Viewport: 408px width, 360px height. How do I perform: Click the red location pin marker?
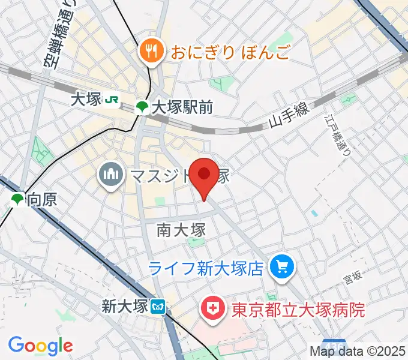coord(206,175)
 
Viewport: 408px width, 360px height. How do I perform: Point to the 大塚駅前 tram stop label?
coord(182,107)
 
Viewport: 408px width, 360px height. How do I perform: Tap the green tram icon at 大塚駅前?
coord(142,107)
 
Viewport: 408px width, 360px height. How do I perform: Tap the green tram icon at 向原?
coord(17,199)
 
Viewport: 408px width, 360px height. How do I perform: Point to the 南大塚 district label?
coord(181,229)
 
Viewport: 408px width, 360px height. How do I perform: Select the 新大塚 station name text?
coord(125,307)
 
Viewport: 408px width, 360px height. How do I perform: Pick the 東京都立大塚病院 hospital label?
coord(297,310)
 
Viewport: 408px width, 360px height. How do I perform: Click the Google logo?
coord(40,345)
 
